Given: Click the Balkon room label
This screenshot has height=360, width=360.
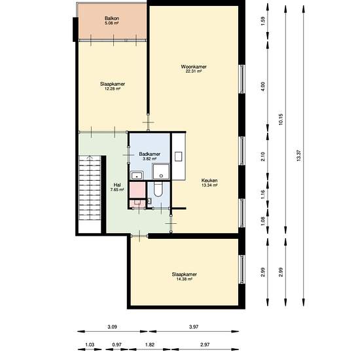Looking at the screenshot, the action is [x=112, y=18].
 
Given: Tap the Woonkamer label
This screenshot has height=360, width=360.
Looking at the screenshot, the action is [x=194, y=67].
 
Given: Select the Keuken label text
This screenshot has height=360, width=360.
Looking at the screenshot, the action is [x=209, y=181].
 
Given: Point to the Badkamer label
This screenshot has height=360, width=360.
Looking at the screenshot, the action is [x=149, y=154].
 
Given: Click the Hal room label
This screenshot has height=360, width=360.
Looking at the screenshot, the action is [x=117, y=185].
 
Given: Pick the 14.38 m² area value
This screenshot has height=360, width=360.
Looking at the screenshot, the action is [x=184, y=279].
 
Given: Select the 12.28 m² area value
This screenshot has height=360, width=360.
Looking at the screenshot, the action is [x=113, y=89].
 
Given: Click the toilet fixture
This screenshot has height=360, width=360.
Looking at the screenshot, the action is [x=158, y=190].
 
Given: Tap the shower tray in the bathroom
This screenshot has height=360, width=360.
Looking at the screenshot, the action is [x=161, y=171].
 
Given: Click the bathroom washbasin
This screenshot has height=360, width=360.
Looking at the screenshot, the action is [x=137, y=175].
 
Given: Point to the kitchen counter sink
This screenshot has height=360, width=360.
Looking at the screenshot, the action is [x=179, y=156].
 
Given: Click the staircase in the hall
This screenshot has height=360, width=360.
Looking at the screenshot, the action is [x=90, y=189].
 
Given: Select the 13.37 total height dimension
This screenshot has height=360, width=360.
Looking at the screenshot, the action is [x=298, y=155].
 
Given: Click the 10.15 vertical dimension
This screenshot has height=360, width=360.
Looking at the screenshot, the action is [x=281, y=119].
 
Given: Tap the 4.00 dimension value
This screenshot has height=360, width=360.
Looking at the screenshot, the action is [x=263, y=86].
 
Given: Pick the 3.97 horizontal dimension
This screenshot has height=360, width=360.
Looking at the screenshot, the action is [x=194, y=327].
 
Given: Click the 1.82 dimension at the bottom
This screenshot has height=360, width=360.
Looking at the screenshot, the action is [x=150, y=344].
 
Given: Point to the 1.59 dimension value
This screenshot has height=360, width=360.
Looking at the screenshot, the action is [x=263, y=21].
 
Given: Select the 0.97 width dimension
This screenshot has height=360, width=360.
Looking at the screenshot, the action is [x=117, y=344].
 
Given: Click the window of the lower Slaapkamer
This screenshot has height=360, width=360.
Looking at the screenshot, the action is [x=242, y=269].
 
